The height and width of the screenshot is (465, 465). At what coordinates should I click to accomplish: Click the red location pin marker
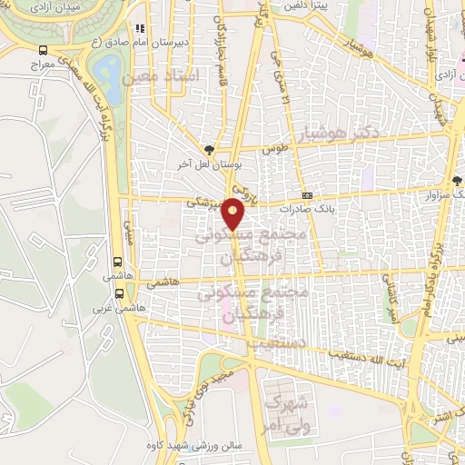pyautogui.click(x=234, y=213)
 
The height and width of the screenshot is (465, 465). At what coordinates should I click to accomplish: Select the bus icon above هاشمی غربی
pyautogui.click(x=120, y=293)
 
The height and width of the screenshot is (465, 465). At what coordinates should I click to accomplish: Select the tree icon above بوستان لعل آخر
pyautogui.click(x=211, y=148)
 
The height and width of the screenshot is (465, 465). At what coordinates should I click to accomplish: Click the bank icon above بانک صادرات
pyautogui.click(x=308, y=194)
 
